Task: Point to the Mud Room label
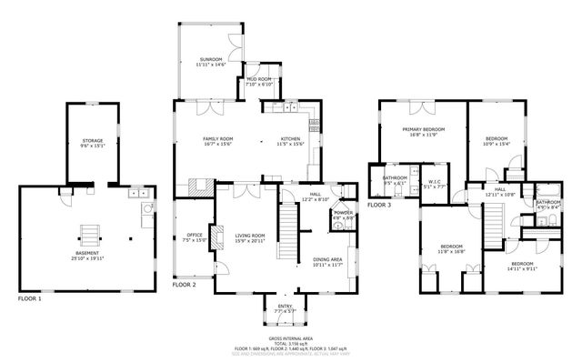click(260, 80)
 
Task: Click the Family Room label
click(218, 138)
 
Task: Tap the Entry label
click(286, 308)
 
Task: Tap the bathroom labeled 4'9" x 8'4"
click(547, 203)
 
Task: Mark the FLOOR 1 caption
click(29, 297)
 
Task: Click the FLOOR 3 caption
click(378, 205)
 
